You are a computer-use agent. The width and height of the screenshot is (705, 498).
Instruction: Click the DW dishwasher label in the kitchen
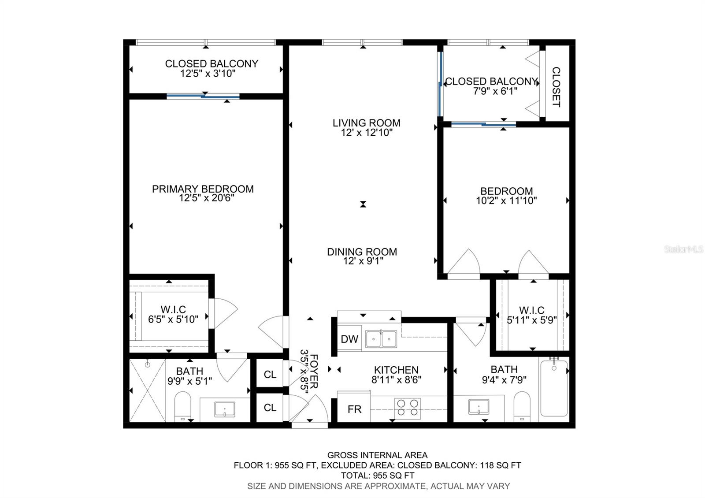tap(349, 339)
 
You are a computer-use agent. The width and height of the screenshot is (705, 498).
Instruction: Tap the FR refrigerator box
tap(354, 409)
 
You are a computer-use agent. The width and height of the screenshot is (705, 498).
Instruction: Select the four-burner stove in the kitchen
tap(407, 408)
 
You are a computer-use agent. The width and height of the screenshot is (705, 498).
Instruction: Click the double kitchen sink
tap(381, 339)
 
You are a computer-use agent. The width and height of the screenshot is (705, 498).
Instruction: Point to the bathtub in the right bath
tap(554, 387)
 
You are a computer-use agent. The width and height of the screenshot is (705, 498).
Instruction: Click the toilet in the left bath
tap(182, 405)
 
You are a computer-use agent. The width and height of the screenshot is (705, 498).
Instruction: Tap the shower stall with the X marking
tap(148, 390)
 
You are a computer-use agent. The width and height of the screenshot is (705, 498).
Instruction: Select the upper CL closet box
tap(270, 375)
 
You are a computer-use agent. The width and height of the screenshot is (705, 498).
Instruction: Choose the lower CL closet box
tap(270, 408)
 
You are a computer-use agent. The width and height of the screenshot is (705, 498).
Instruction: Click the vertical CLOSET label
tap(556, 87)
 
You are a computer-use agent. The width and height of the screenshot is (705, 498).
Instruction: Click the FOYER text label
tap(314, 371)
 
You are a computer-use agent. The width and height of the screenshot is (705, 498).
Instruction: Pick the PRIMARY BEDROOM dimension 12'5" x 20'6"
tap(206, 198)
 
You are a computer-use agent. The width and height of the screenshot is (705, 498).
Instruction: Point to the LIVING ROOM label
tap(366, 123)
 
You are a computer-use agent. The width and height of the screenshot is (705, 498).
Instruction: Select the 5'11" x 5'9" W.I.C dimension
tap(531, 320)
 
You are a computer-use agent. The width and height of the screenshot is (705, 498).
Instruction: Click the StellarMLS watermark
tap(684, 249)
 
